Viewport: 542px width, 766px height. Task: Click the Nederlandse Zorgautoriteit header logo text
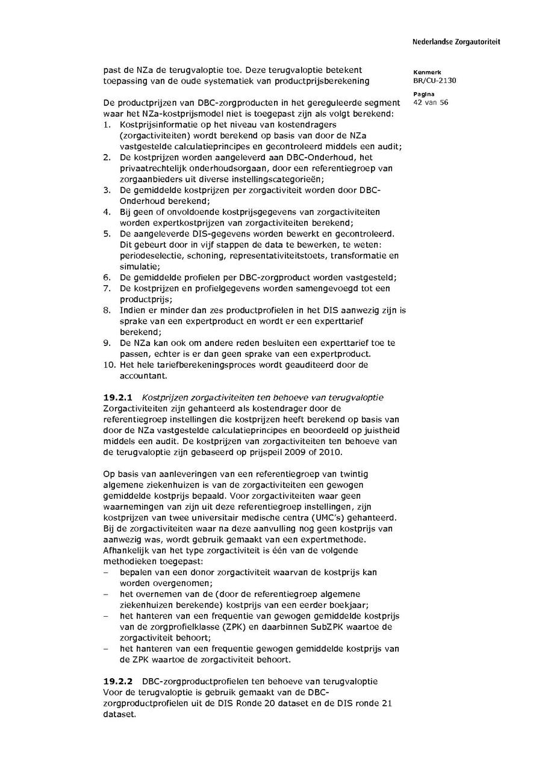click(x=456, y=42)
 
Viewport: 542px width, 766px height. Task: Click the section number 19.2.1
click(x=117, y=398)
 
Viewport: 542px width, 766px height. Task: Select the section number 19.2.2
click(x=117, y=681)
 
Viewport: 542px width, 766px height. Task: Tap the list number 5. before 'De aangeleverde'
click(x=107, y=233)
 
